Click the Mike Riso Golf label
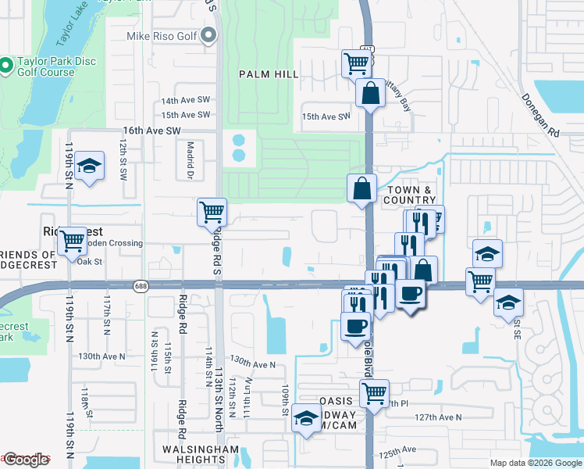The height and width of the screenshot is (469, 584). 162,36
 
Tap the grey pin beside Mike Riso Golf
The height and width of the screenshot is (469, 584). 208,36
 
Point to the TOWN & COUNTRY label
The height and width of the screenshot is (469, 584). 411,195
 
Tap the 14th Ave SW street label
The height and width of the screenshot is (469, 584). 186,101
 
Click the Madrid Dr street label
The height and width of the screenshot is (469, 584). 190,160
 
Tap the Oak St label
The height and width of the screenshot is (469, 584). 90,261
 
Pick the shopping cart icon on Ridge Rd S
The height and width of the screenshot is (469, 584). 212,211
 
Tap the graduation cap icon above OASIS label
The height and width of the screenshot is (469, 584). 304,420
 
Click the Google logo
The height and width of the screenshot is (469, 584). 26,460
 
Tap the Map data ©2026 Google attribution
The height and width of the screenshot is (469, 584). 536,463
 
